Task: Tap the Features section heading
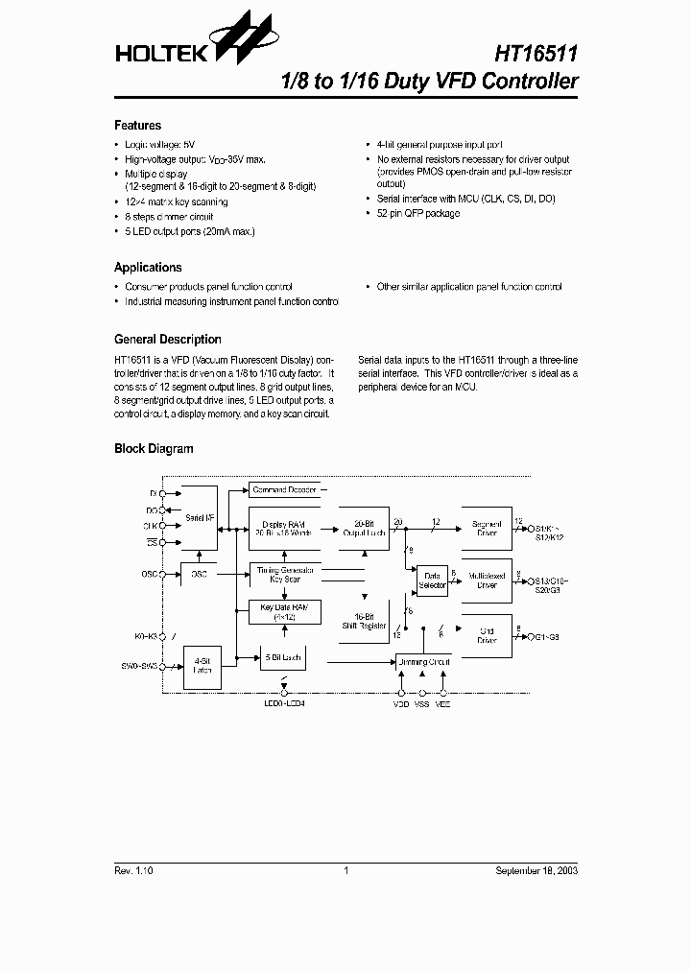137,126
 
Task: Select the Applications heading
148,268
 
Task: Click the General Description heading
167,340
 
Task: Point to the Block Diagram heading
154,449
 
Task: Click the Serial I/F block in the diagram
199,518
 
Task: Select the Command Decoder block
284,489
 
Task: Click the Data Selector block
433,580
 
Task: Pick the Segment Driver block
487,528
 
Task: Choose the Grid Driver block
487,635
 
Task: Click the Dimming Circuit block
423,662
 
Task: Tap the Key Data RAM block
284,611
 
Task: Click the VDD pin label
400,703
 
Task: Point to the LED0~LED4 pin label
284,703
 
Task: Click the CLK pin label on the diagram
150,526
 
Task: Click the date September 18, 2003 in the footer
536,870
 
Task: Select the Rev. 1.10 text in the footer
134,870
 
